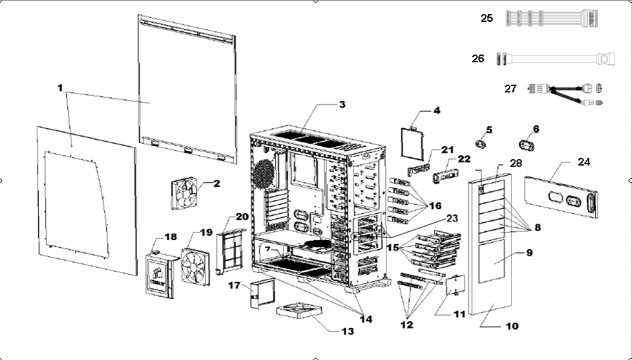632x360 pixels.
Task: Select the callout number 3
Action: tap(342, 105)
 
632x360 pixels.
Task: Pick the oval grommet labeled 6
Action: tap(527, 144)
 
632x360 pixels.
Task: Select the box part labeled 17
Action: tap(259, 294)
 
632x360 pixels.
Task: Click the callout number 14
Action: tap(365, 319)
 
